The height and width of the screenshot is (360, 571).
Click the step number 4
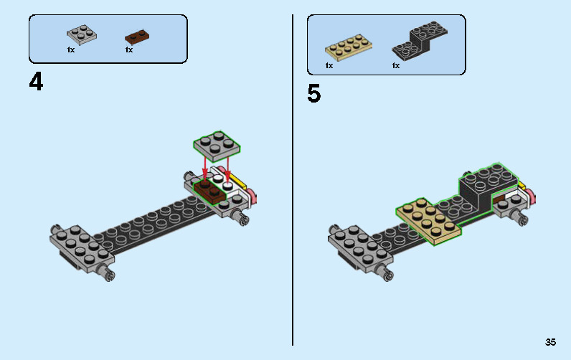(x=36, y=82)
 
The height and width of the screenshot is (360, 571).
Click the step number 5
(x=314, y=93)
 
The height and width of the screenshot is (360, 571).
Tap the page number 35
(x=550, y=342)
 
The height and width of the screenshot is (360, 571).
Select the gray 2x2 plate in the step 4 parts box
(x=82, y=34)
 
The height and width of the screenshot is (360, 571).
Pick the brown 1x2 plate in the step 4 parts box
(x=137, y=36)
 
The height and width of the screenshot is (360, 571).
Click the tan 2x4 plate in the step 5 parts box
(x=349, y=47)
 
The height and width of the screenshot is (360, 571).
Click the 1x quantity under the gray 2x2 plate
(x=71, y=50)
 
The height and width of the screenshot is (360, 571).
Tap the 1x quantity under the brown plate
(x=129, y=50)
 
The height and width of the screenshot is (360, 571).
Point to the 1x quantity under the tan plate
(x=329, y=65)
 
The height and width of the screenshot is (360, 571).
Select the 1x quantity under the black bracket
(x=396, y=65)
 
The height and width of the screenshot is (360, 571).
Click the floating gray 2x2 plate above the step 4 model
(x=217, y=146)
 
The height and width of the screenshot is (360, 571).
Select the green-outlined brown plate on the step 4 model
(x=209, y=191)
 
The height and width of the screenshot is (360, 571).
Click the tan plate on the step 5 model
(x=428, y=222)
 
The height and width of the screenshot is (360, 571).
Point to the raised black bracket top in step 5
(x=488, y=176)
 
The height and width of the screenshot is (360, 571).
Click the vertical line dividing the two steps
(x=293, y=180)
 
